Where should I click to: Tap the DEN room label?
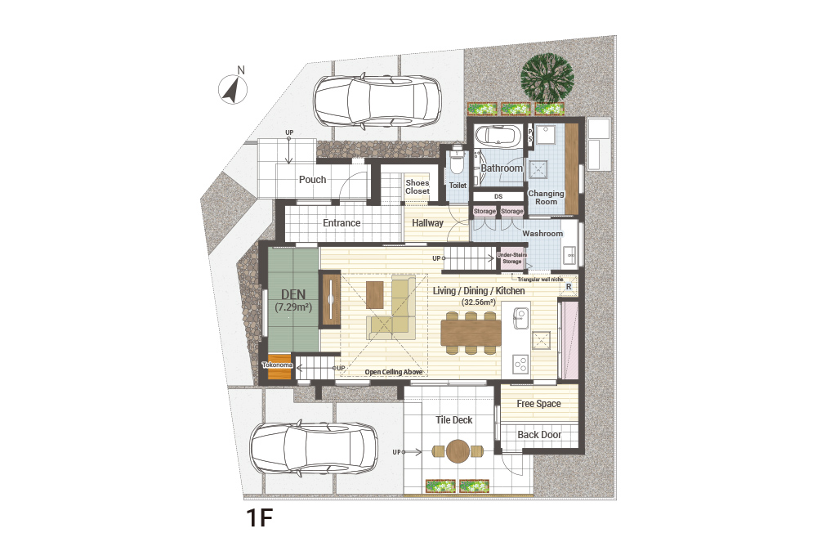[293, 295]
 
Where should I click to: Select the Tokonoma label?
[277, 365]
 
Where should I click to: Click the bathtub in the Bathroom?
[498, 136]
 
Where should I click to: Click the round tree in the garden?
[547, 78]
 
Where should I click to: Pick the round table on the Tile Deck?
[458, 451]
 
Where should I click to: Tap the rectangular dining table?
[471, 333]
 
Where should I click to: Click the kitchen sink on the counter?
[520, 318]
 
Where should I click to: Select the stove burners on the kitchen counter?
[520, 364]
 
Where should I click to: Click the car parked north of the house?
[377, 101]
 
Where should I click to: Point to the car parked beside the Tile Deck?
[315, 448]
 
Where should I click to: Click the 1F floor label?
[259, 517]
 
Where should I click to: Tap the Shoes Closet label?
[417, 186]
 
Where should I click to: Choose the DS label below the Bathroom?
[498, 196]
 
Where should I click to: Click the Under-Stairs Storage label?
[511, 258]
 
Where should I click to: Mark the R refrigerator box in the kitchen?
[569, 287]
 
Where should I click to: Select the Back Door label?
[539, 435]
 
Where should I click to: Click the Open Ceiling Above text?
[394, 372]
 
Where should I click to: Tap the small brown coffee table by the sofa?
[375, 295]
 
